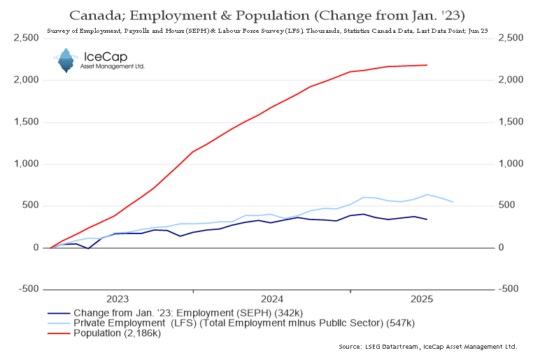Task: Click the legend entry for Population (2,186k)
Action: pyautogui.click(x=118, y=333)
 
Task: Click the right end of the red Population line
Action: pyautogui.click(x=427, y=65)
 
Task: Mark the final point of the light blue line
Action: pyautogui.click(x=453, y=202)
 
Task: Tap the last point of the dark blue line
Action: pyautogui.click(x=427, y=219)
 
